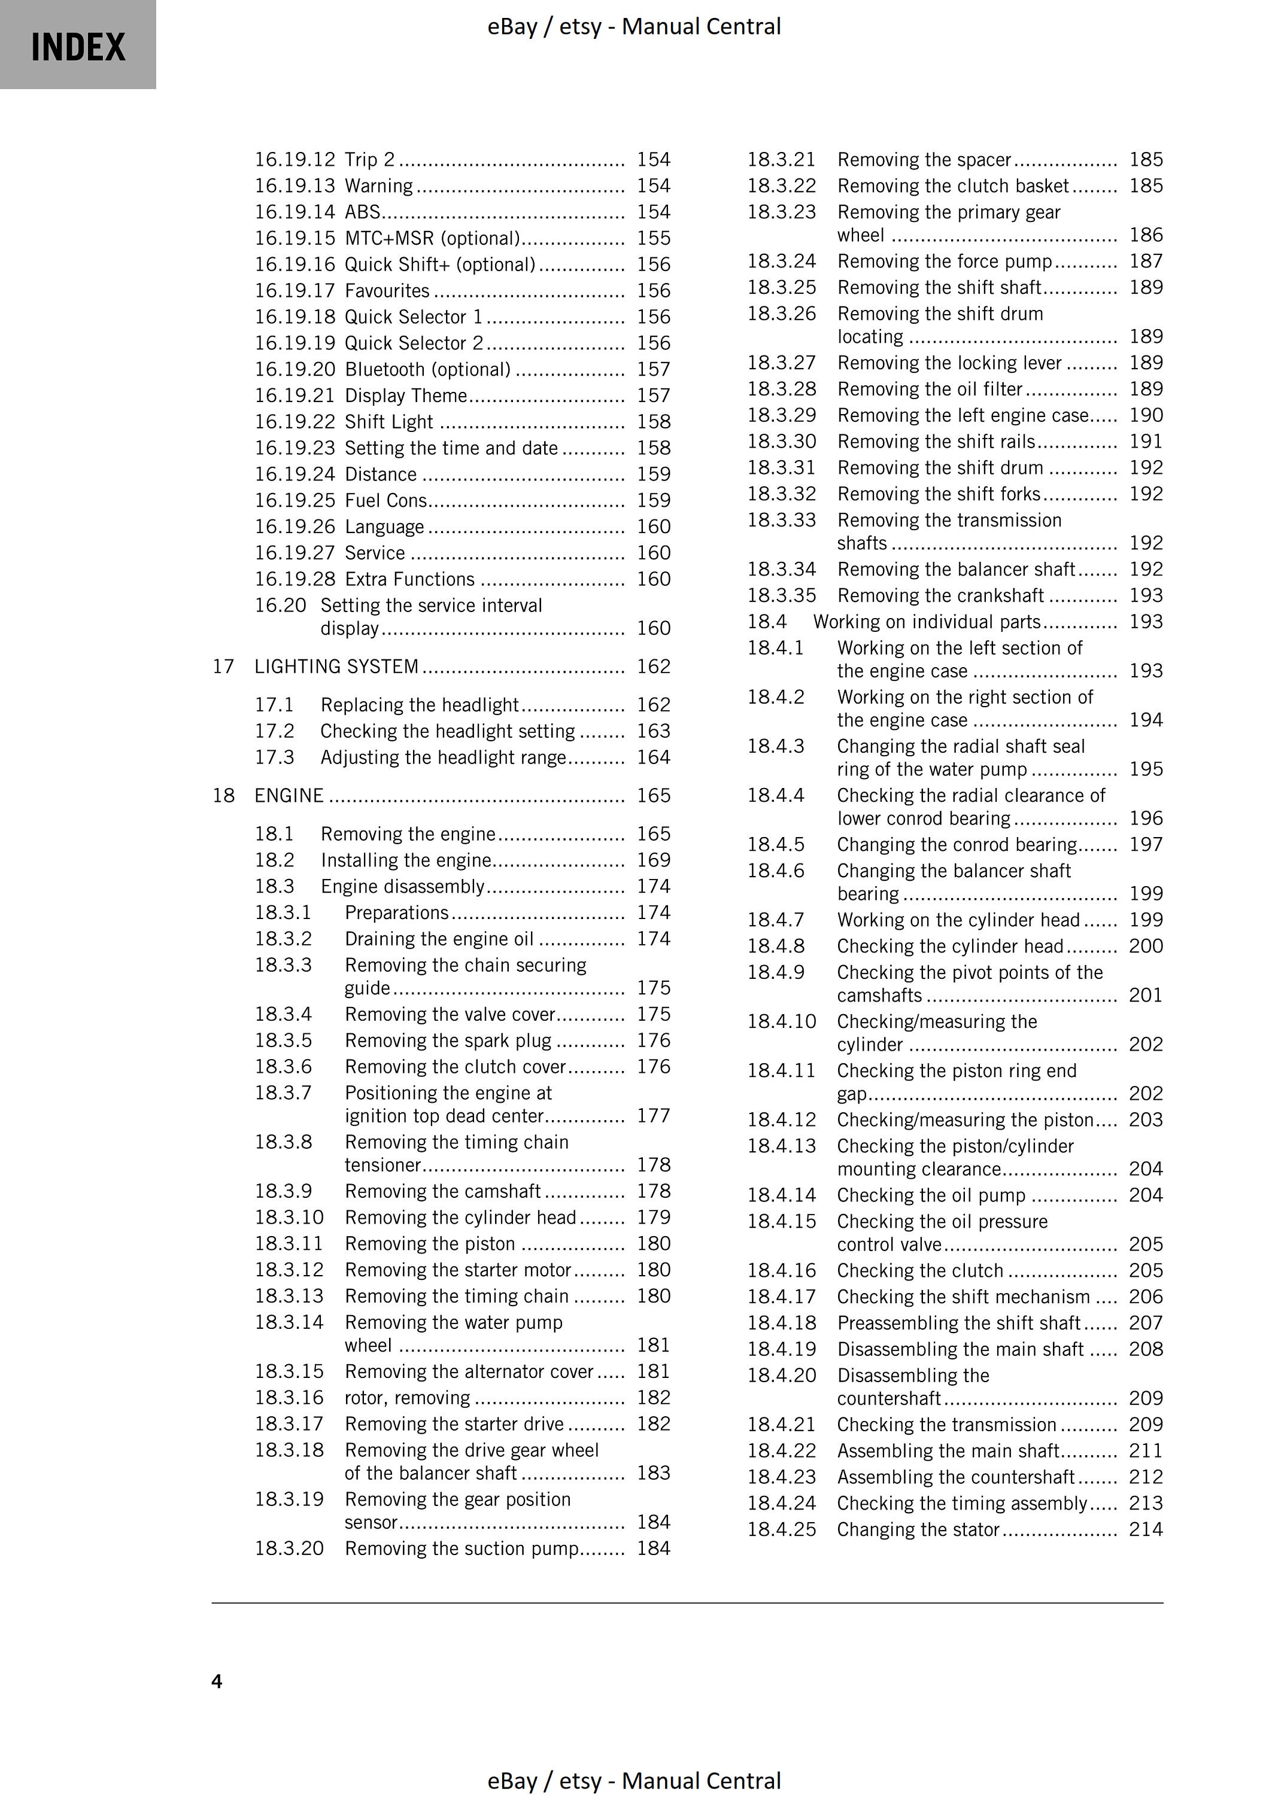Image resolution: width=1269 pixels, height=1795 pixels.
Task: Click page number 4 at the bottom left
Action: [x=217, y=1681]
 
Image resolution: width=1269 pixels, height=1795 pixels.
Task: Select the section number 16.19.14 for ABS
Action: [x=294, y=212]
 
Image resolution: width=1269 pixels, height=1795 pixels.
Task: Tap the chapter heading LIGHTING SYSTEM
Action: [x=336, y=666]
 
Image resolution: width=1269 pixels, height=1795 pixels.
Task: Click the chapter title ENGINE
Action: [x=289, y=795]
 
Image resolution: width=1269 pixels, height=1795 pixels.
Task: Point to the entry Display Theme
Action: [x=406, y=395]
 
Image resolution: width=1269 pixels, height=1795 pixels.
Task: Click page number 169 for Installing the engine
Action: [x=653, y=860]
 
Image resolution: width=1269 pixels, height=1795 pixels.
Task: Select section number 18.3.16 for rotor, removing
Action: [x=289, y=1397]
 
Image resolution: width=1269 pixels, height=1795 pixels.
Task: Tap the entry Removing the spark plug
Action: [x=448, y=1041]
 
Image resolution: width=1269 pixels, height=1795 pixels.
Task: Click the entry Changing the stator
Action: [x=918, y=1529]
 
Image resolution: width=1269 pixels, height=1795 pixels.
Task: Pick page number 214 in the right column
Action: [x=1146, y=1529]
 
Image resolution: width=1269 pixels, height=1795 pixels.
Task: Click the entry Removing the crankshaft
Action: [x=940, y=596]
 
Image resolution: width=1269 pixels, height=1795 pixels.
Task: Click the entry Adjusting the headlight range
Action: [x=442, y=757]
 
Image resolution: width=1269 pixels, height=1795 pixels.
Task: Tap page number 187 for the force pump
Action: [x=1146, y=261]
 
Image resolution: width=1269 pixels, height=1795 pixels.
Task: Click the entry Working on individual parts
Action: [x=927, y=622]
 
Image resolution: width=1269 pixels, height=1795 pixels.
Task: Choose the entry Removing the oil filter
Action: [x=930, y=390]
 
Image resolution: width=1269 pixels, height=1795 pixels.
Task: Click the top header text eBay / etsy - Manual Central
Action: [x=634, y=26]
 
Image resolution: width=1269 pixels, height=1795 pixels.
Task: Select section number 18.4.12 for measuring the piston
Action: [x=781, y=1119]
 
